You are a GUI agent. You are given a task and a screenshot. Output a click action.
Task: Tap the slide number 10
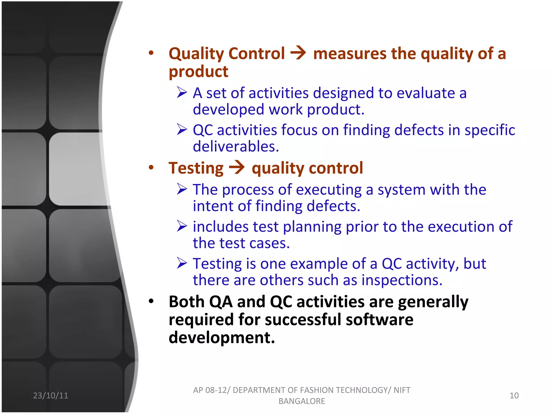[514, 395]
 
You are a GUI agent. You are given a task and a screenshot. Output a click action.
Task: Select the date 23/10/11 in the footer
[50, 395]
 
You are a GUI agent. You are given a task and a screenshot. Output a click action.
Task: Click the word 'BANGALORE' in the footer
[302, 401]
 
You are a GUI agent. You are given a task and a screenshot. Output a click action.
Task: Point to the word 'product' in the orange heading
[198, 72]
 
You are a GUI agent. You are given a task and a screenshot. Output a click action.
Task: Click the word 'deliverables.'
[236, 146]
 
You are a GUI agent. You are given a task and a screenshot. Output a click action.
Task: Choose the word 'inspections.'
[402, 280]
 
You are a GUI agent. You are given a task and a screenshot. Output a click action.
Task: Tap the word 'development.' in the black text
[222, 337]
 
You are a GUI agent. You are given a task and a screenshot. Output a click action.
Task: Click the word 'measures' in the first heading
[350, 54]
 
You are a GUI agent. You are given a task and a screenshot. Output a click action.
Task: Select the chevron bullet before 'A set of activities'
[182, 92]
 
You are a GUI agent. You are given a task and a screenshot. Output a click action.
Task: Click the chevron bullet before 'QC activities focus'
[182, 129]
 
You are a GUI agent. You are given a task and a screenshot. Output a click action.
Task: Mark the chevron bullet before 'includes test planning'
[182, 226]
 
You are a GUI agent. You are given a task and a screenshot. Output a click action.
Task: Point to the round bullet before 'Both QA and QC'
[151, 301]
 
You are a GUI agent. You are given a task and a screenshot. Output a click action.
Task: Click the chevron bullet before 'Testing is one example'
[182, 263]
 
